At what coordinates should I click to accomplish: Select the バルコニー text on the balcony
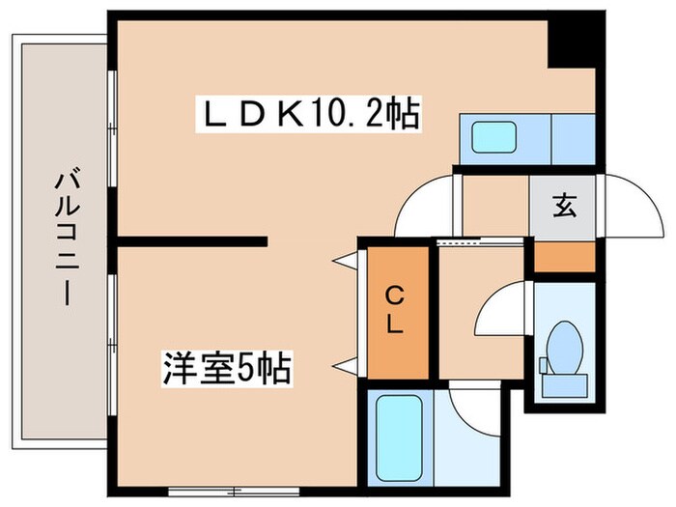click(x=65, y=237)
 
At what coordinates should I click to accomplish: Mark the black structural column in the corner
click(x=570, y=41)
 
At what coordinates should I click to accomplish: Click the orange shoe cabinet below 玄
click(x=565, y=257)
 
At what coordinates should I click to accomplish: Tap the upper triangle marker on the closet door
click(x=343, y=260)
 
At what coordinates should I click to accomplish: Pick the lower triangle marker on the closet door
click(x=343, y=364)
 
